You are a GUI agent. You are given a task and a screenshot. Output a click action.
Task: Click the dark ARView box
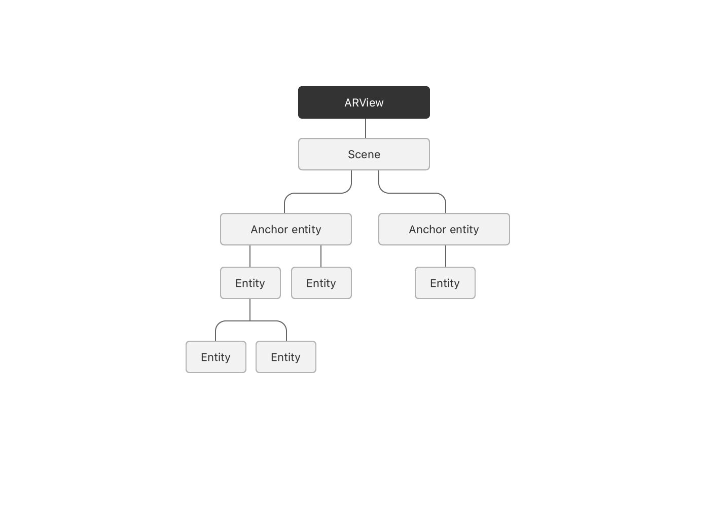point(364,102)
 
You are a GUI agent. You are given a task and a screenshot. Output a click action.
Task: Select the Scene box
point(364,154)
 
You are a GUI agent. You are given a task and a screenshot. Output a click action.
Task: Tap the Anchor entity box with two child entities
point(286,229)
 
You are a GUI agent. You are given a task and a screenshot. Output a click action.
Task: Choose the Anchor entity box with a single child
point(444,229)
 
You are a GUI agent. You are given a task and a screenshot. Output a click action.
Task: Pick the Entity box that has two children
point(250,283)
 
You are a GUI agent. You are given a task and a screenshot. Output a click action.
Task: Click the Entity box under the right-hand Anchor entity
point(445,283)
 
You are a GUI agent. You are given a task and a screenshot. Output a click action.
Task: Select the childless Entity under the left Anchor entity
point(321,283)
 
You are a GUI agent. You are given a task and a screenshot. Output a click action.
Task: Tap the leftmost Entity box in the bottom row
point(216,357)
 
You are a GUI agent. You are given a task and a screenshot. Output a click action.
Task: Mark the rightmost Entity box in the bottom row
point(286,357)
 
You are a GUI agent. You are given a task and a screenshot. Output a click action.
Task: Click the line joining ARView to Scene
point(366,128)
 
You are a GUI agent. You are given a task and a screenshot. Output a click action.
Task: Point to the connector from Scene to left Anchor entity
point(318,193)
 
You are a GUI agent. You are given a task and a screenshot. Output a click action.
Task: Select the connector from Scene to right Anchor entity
point(412,193)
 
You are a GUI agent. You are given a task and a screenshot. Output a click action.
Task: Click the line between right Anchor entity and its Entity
point(446,256)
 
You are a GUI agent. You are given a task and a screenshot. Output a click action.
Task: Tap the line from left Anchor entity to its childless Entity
point(321,256)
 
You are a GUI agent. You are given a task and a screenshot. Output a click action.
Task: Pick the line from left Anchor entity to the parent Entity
point(250,256)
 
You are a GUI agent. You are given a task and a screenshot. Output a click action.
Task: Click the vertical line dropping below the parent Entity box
point(250,310)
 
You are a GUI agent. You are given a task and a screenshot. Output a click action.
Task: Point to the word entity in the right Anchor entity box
point(464,230)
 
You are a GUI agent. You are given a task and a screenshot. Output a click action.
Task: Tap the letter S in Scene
point(352,154)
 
